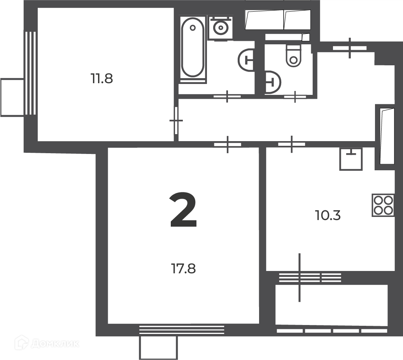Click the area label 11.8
pyautogui.click(x=102, y=79)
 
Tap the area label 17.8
pyautogui.click(x=183, y=269)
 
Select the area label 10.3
pyautogui.click(x=328, y=215)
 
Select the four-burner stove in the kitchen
pyautogui.click(x=383, y=205)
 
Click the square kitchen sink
pyautogui.click(x=351, y=159)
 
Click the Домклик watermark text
pyautogui.click(x=55, y=343)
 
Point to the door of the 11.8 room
pyautogui.click(x=176, y=121)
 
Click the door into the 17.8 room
pyautogui.click(x=228, y=145)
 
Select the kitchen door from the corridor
pyautogui.click(x=291, y=144)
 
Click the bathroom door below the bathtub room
pyautogui.click(x=227, y=96)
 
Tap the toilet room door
pyautogui.click(x=295, y=97)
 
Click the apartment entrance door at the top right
pyautogui.click(x=350, y=48)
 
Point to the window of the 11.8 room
pyautogui.click(x=30, y=73)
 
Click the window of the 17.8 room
pyautogui.click(x=182, y=330)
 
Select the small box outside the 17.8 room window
pyautogui.click(x=158, y=348)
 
